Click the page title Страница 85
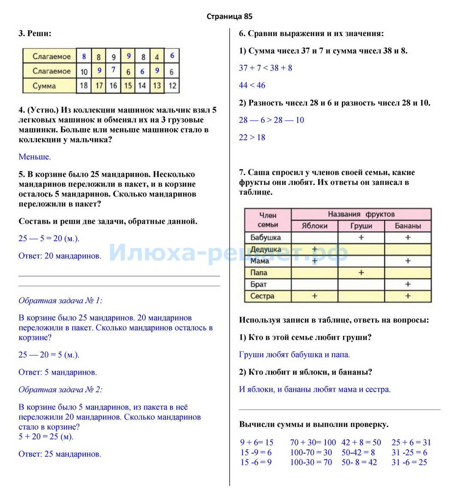(229, 17)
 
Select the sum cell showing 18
(84, 86)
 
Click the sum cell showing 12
(172, 86)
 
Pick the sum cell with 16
(113, 86)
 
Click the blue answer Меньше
(35, 157)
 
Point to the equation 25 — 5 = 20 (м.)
(49, 239)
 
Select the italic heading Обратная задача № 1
(61, 300)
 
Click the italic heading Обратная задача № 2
(61, 390)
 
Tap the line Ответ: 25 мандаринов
(60, 454)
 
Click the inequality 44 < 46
(252, 85)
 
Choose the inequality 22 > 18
(252, 137)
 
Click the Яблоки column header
(315, 226)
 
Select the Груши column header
(361, 226)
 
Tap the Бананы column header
(408, 226)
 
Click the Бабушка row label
(265, 237)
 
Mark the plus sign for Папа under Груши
(361, 273)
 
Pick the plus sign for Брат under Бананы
(408, 284)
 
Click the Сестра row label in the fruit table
(262, 296)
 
